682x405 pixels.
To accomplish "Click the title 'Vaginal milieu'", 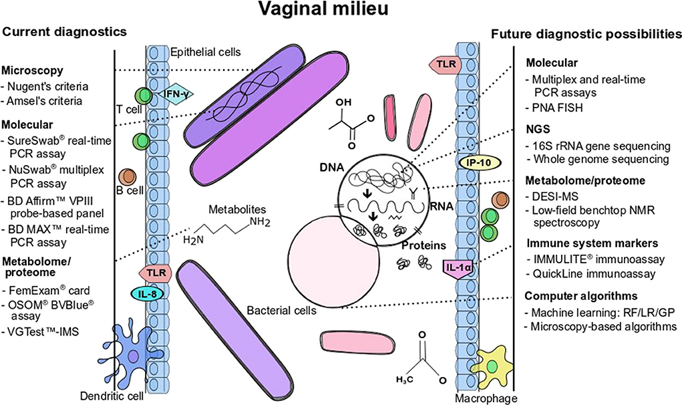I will (x=341, y=12).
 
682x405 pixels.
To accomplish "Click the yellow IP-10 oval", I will (x=474, y=163).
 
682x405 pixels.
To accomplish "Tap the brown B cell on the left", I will (x=126, y=178).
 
